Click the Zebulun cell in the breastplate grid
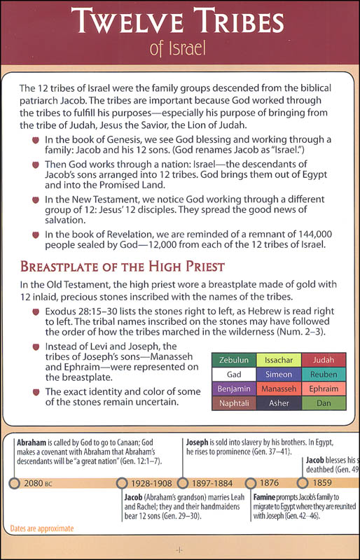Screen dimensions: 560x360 [236, 358]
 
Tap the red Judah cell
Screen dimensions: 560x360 [324, 358]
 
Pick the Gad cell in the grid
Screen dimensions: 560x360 [236, 373]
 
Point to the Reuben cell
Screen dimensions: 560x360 [324, 373]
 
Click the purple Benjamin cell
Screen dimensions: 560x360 [236, 388]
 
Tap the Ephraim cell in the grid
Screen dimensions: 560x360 [324, 388]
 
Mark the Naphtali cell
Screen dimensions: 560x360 [236, 404]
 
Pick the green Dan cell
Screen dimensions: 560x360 [324, 404]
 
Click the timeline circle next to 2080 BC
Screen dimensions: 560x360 [13, 483]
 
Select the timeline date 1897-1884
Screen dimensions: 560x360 [214, 484]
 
